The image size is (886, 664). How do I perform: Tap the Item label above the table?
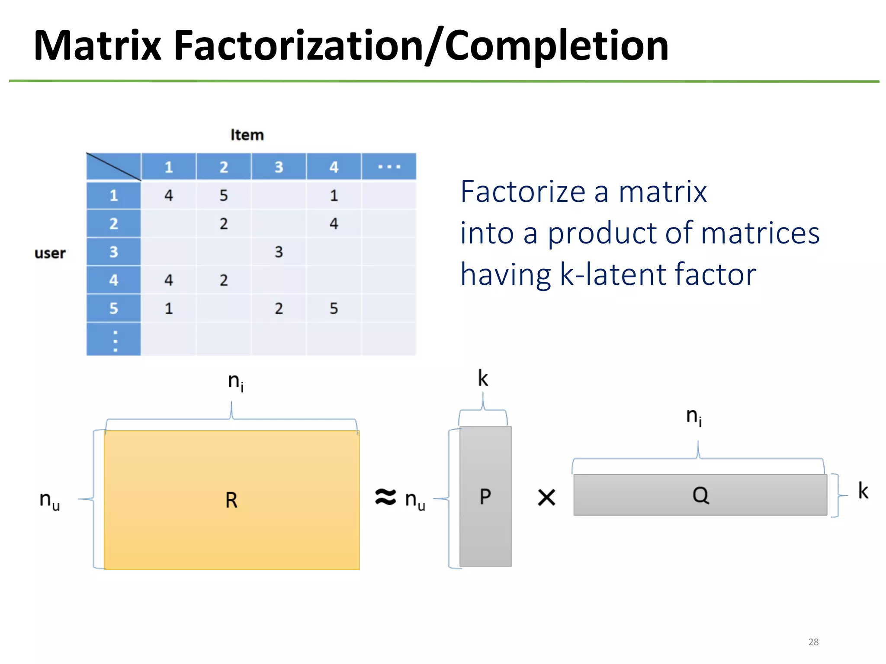coord(247,135)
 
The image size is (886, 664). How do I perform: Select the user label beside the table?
coord(50,253)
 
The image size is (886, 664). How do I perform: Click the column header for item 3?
coord(279,167)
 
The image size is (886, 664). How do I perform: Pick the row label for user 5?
coord(113,308)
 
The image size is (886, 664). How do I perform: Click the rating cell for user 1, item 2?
coord(224,195)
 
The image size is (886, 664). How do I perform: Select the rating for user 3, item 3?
coord(279,252)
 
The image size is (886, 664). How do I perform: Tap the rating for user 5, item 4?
coord(334,308)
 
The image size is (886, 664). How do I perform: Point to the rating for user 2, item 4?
coord(334,223)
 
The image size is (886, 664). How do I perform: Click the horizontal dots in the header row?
coord(389,167)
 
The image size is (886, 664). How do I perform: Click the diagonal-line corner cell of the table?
coord(113,167)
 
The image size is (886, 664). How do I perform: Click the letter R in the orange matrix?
coord(231,500)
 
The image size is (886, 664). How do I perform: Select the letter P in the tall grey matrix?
coord(485,497)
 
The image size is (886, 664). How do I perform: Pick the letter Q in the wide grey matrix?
coord(700,495)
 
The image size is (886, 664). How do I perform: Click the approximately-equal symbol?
coord(385,497)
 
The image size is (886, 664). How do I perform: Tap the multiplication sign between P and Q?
coord(546,498)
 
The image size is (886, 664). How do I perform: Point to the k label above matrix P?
coord(483,379)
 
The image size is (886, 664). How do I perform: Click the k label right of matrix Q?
coord(863,491)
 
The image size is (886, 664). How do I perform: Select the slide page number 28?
coord(813,642)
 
